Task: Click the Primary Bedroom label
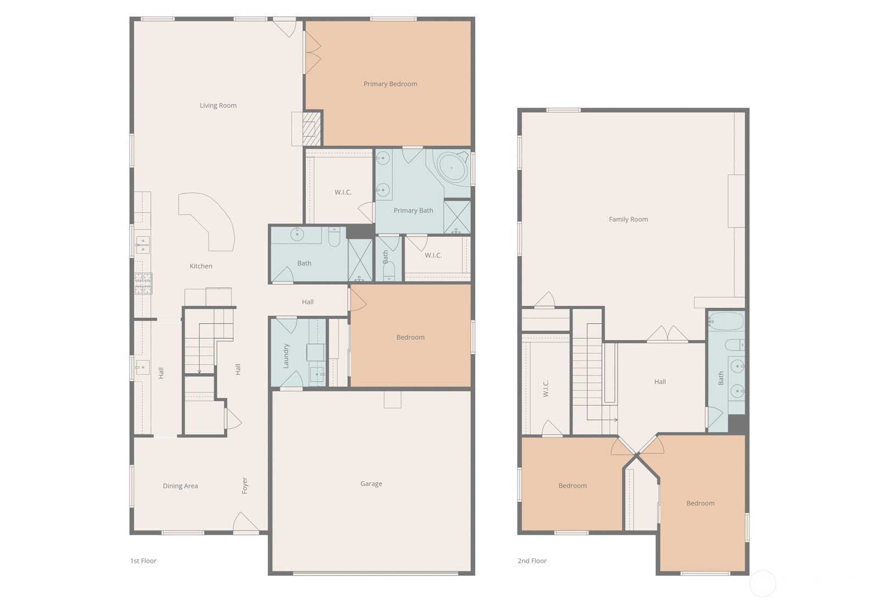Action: coord(390,84)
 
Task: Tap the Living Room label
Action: coord(218,106)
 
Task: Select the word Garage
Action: coord(371,484)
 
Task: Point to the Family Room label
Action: coord(628,219)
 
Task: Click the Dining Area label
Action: coord(181,486)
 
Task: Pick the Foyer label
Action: coord(245,485)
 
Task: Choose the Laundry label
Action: coord(286,356)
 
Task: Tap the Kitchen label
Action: coord(201,266)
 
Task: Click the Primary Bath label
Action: coord(413,210)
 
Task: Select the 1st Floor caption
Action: coord(143,561)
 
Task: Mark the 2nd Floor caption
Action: coord(532,561)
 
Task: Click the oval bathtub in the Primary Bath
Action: coord(452,167)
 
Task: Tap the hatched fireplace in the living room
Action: coord(312,129)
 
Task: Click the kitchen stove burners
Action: coord(143,284)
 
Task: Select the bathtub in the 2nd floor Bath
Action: coord(726,322)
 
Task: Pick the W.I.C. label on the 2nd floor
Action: coord(546,389)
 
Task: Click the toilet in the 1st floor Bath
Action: coord(335,237)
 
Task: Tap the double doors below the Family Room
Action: coord(667,334)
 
